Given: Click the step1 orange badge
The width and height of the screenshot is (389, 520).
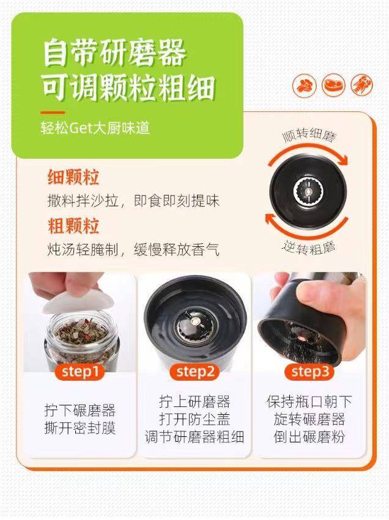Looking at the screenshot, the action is point(80,372).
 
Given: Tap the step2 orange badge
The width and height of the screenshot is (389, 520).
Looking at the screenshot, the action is point(195,372).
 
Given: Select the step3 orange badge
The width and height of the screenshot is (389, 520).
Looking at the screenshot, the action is point(310,372).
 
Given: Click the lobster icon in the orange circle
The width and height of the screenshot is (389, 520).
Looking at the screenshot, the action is point(362,85).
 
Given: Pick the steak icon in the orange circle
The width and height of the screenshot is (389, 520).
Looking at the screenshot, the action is point(333,85).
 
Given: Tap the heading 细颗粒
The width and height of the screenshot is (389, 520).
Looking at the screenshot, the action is point(73,177).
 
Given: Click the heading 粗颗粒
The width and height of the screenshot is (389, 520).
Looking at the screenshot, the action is point(73,226).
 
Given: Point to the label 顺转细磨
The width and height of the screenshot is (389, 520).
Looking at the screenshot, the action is point(309,135).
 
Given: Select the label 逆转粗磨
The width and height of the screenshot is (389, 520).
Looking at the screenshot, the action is point(309,247).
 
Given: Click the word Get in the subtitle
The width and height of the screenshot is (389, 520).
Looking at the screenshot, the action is point(81,128).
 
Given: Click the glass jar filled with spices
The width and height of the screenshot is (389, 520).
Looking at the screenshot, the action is point(81,342).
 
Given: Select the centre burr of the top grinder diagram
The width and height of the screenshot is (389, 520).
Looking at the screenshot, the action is point(309,191).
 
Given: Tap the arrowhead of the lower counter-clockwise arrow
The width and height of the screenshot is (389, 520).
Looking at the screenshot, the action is point(270,219).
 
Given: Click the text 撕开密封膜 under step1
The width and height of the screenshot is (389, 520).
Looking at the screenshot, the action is point(80,428).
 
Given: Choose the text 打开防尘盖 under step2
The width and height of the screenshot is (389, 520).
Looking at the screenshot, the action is point(195,419).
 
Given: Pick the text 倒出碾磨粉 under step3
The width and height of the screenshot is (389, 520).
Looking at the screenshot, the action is point(309,436).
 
